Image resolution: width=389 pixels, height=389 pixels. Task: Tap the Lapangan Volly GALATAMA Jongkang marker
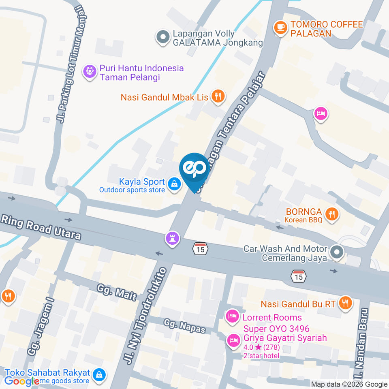point(163,37)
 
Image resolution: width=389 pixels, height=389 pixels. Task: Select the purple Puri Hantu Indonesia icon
point(89,72)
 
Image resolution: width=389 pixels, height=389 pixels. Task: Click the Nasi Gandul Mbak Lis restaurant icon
point(218,96)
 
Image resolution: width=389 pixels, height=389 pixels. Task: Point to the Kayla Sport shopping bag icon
point(174,184)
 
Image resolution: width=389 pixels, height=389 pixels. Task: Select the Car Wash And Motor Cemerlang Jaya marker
point(336,253)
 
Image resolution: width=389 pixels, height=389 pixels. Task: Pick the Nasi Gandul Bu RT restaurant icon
point(345,302)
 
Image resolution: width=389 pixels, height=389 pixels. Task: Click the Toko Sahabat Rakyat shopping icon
point(99,374)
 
